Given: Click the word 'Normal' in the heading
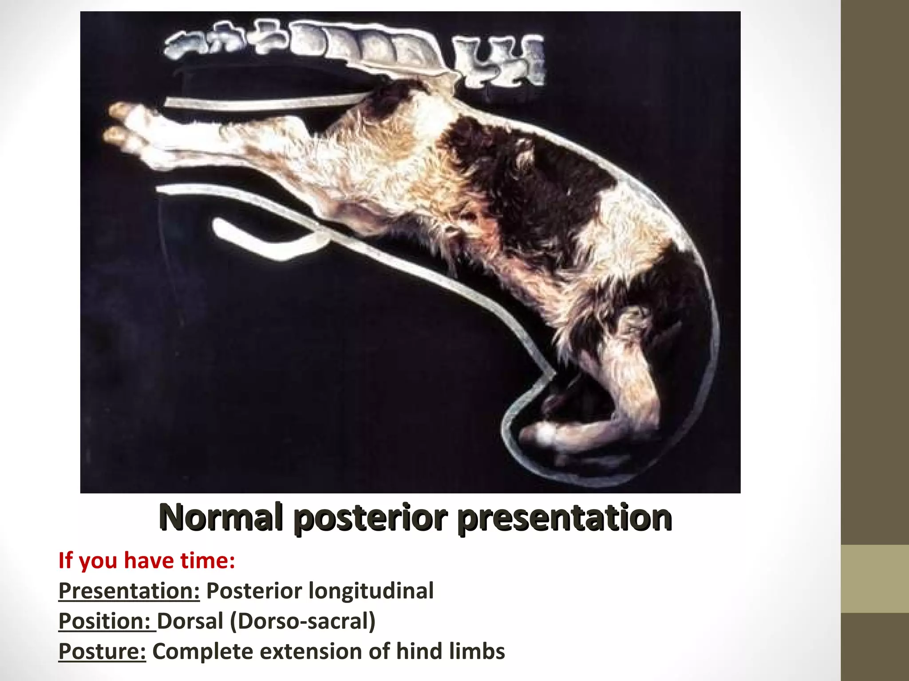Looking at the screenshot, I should coord(221,517).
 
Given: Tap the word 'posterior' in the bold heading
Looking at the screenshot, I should coord(370,517).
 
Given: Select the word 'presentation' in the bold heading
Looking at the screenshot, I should coord(565,517).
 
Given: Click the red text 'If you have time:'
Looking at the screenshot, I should coord(146,560).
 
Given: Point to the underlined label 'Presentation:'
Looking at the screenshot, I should coord(129,591).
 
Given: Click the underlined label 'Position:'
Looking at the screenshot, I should coord(107,621).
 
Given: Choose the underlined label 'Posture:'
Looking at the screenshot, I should coord(102,651).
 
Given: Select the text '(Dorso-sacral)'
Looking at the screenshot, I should coord(303,621).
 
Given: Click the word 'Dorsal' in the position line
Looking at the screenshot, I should coord(190,621).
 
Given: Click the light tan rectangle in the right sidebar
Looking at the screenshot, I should coord(875,579).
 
